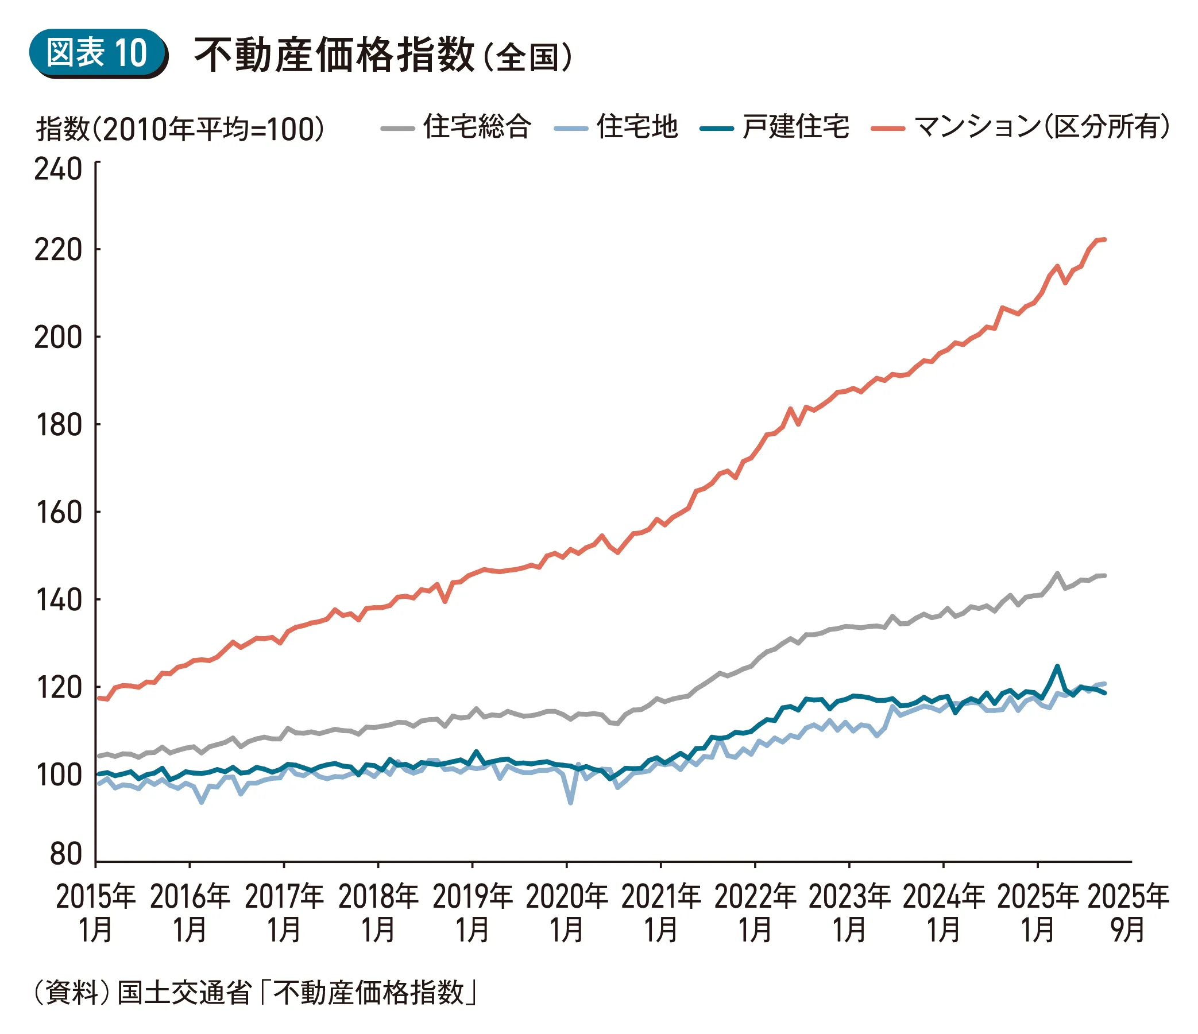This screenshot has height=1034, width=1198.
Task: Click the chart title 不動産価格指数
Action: [x=334, y=55]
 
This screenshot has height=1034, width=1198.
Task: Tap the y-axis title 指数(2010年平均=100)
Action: [x=180, y=128]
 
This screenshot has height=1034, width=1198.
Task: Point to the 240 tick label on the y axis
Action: [x=59, y=169]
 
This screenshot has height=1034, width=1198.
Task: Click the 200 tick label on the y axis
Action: [x=59, y=337]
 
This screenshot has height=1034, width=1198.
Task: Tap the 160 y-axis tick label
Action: [x=59, y=512]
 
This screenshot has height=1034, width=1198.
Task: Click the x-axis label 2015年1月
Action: [x=95, y=913]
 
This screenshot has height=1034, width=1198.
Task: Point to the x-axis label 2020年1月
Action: [x=567, y=913]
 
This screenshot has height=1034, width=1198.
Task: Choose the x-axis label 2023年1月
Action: [x=849, y=913]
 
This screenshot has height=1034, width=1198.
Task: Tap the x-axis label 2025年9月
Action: [x=1128, y=913]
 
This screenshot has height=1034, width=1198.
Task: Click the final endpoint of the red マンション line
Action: [x=1104, y=239]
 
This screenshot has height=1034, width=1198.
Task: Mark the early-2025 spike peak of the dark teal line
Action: [x=1057, y=666]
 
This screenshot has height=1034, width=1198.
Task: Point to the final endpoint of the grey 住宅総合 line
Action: [x=1104, y=575]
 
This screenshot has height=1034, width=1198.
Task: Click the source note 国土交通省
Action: [x=184, y=993]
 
